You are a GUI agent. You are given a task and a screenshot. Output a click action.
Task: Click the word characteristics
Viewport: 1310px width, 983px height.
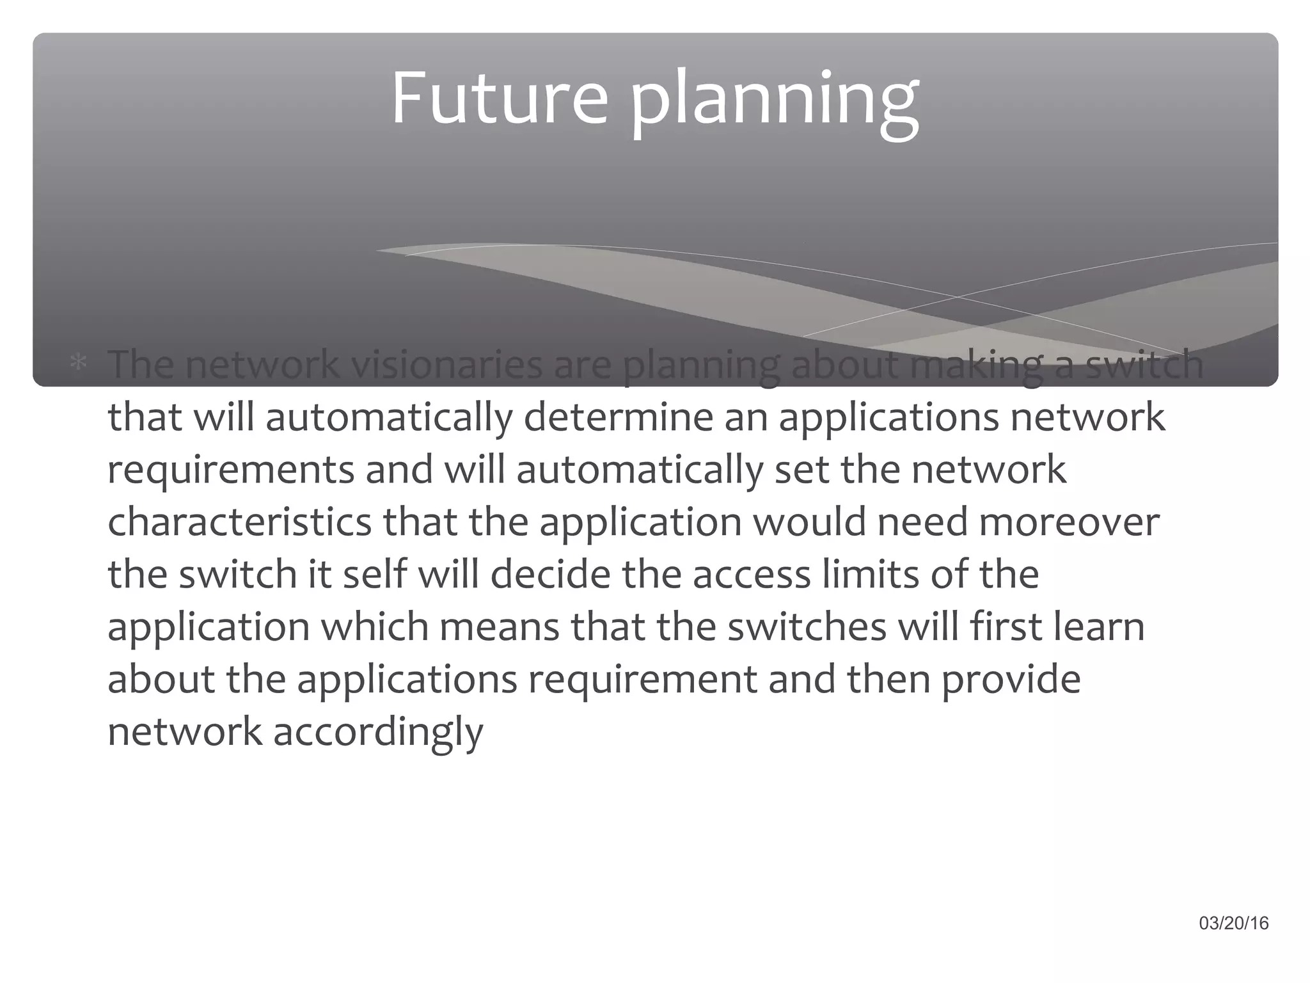click(x=239, y=522)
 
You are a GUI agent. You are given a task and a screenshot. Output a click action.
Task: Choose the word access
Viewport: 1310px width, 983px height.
click(x=752, y=574)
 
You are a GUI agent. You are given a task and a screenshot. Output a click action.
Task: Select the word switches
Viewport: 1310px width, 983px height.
click(x=807, y=627)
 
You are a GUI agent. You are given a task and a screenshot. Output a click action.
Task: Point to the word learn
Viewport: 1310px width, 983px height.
click(x=1099, y=627)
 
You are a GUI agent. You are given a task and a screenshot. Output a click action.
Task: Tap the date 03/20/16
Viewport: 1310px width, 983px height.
click(x=1234, y=923)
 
